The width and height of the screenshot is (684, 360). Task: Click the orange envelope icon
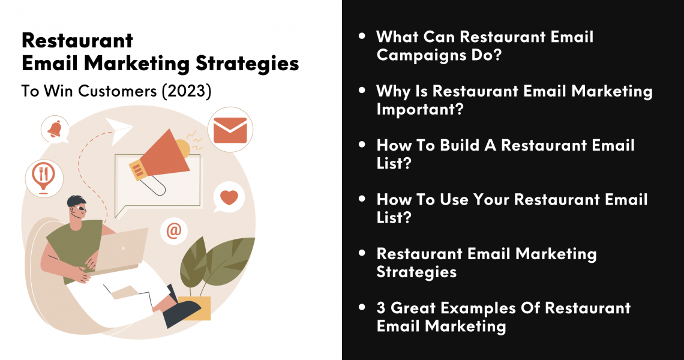[x=230, y=130]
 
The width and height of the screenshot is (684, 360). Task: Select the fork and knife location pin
[x=43, y=177]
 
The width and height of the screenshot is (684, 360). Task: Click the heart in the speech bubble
[x=229, y=197]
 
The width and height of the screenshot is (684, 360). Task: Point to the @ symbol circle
[x=173, y=230]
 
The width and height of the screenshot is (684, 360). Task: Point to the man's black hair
[x=76, y=201]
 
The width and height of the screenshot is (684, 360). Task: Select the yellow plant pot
[x=194, y=308]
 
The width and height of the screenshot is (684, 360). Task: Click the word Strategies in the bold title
[x=247, y=64]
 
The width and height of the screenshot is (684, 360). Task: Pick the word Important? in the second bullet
[x=420, y=109]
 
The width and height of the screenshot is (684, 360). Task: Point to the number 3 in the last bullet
[x=381, y=308]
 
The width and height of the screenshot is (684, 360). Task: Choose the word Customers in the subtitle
[x=118, y=91]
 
